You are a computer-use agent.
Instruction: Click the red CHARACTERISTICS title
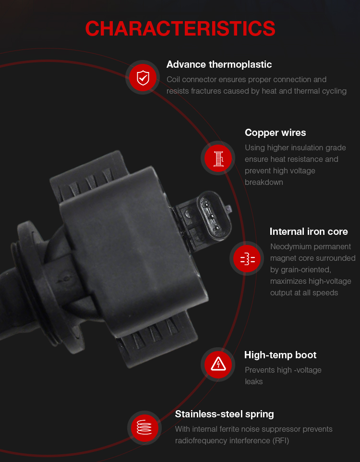pos(180,29)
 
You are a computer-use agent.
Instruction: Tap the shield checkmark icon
pos(143,77)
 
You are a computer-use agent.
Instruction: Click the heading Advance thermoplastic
pos(219,64)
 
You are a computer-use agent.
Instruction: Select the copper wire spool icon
pos(218,158)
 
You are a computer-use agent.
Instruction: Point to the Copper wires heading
pos(275,133)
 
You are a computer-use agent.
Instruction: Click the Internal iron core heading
pos(309,231)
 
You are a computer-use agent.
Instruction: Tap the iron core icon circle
pos(247,258)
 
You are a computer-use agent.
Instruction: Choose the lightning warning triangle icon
pos(218,365)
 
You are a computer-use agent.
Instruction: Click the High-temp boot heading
pos(280,355)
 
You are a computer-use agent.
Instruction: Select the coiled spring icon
pos(144,427)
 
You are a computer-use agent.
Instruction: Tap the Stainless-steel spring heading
pos(224,414)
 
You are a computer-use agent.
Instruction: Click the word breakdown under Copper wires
pos(264,182)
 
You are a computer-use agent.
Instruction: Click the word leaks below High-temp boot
pos(253,382)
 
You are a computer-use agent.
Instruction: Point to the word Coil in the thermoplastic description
pos(173,80)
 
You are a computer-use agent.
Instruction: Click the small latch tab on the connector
pos(228,209)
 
